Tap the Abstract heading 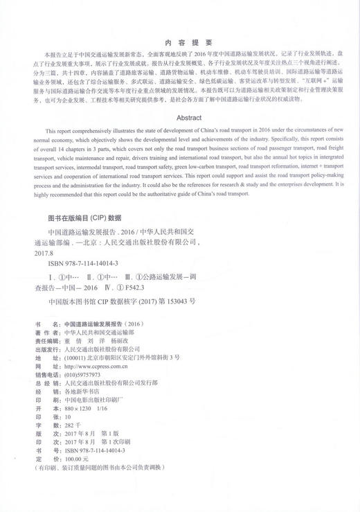[x=180, y=118]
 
